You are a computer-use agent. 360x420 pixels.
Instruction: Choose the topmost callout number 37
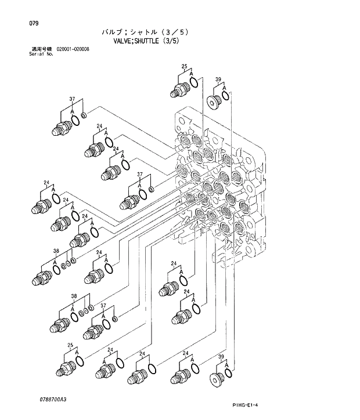click(x=73, y=99)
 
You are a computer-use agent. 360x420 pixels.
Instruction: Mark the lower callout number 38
click(x=74, y=296)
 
